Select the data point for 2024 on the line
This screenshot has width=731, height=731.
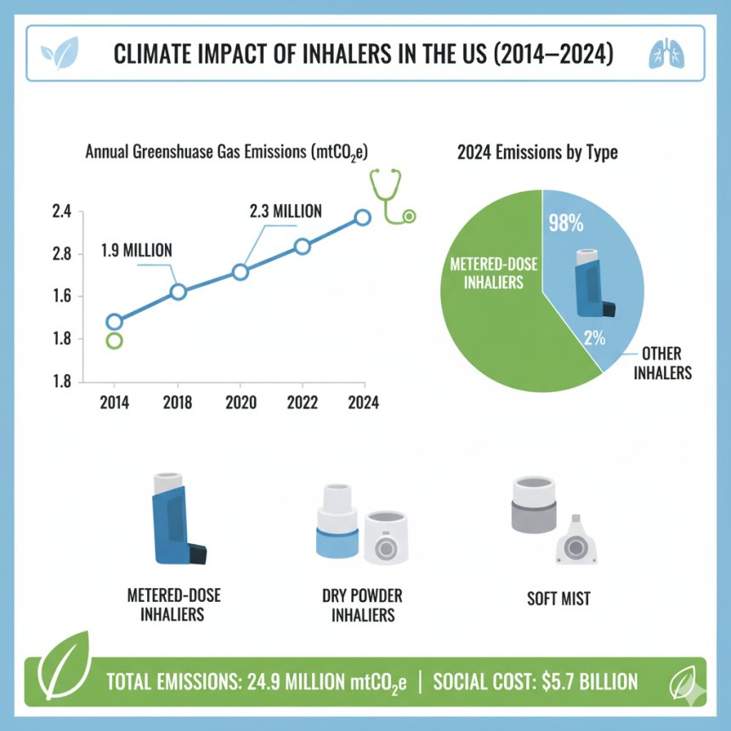pos(363,217)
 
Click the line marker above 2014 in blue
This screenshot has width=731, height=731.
pos(114,321)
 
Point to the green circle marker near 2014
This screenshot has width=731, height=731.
pos(114,341)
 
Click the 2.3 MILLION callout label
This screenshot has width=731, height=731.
pos(286,211)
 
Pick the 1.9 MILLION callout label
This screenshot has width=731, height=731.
pos(137,250)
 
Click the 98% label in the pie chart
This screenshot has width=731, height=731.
pos(566,224)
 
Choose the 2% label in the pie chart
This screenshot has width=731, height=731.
pos(593,337)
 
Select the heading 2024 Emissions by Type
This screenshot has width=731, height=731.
pos(537,154)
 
